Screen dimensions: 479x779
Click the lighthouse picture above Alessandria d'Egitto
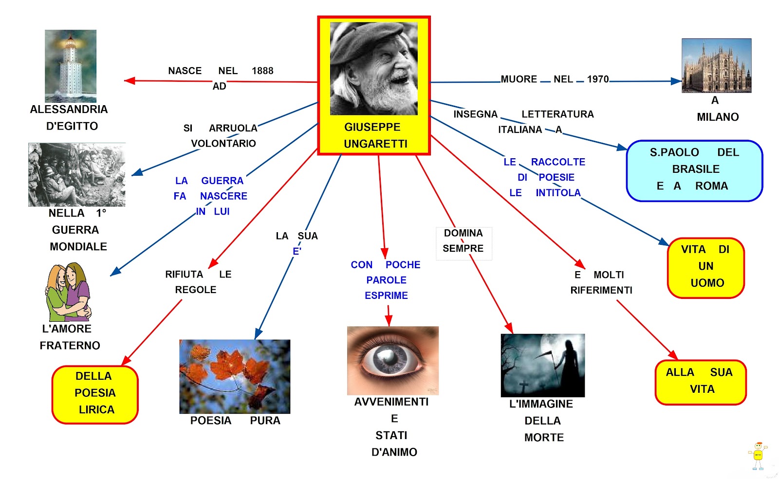click(x=71, y=66)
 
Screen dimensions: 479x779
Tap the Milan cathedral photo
click(x=716, y=66)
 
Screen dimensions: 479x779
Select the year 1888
click(x=262, y=71)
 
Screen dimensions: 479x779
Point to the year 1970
click(x=597, y=79)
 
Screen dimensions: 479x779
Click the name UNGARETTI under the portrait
click(x=375, y=144)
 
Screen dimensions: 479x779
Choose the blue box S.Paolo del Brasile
click(x=694, y=170)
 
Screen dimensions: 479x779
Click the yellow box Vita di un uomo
click(x=705, y=267)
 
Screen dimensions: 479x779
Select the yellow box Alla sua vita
click(x=700, y=382)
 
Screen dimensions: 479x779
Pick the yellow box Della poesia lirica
click(x=95, y=394)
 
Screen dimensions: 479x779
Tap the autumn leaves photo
click(x=235, y=376)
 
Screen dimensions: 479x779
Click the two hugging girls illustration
click(x=68, y=292)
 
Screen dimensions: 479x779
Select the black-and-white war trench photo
click(x=77, y=175)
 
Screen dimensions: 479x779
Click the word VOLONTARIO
click(x=223, y=144)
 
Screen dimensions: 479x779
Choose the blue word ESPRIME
click(x=386, y=295)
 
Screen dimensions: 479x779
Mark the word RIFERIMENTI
click(x=601, y=290)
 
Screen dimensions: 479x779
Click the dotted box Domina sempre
click(x=464, y=241)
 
